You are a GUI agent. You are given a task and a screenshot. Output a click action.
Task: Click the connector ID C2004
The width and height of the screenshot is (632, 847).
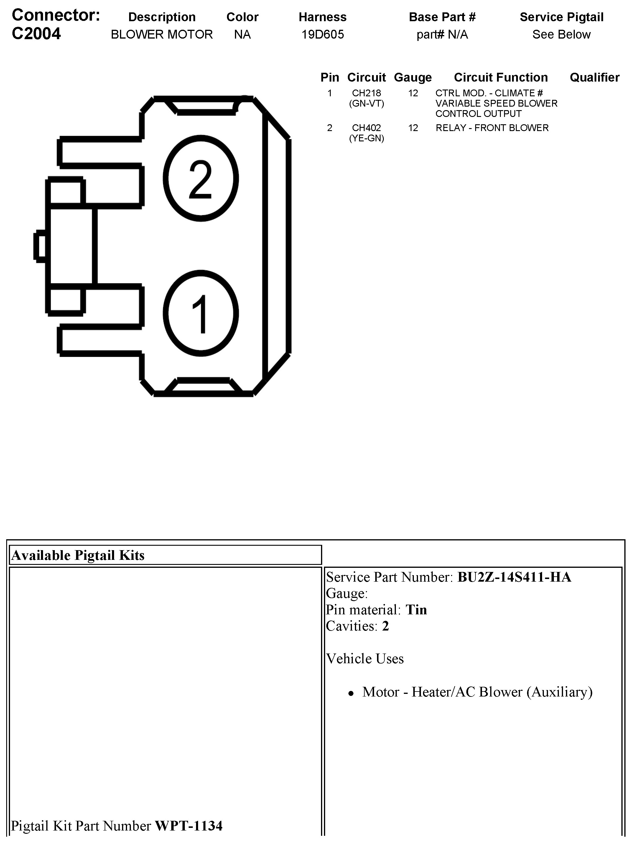coord(36,34)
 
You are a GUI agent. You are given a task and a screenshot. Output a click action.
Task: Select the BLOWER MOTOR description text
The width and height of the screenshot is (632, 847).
coord(162,35)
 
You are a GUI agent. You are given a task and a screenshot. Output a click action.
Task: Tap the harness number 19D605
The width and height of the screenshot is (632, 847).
coord(322,35)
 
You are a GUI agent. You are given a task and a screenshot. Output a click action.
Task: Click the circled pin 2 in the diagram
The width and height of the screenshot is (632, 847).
coord(201,178)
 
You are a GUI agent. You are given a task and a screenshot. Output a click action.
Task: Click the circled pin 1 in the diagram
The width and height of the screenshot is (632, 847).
coord(201,313)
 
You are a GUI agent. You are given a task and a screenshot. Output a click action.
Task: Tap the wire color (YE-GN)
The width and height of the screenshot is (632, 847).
coord(366,138)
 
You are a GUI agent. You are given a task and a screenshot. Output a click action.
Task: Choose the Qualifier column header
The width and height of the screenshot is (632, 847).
coord(594,77)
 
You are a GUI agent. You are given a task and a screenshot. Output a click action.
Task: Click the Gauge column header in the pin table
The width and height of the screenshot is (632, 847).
coord(412,77)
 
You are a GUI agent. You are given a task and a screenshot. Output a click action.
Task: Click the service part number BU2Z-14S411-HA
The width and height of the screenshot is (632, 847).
coord(514,577)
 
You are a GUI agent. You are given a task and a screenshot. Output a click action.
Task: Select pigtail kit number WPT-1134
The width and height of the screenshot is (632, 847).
coord(188,826)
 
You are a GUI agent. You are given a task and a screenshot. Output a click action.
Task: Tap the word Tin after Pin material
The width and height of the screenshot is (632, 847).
coord(416,610)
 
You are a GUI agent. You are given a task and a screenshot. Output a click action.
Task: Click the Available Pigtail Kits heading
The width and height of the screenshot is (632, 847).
coord(78,555)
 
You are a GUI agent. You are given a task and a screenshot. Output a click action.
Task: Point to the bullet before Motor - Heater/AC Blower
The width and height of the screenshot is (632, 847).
coord(351,693)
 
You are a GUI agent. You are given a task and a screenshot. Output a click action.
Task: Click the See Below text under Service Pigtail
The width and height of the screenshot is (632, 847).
coord(561,35)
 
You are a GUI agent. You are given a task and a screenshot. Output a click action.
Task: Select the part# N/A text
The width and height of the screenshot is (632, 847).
coord(442,35)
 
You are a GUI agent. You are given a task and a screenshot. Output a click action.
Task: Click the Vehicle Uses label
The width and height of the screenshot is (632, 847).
coord(365,659)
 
